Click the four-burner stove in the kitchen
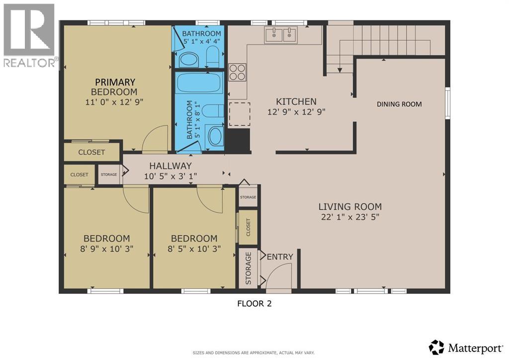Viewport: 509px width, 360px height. click(x=237, y=72)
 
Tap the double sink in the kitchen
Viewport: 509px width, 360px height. click(x=280, y=35)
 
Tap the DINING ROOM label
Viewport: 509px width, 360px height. click(x=399, y=104)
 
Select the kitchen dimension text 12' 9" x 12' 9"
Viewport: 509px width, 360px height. click(x=296, y=112)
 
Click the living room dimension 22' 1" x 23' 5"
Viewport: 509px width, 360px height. click(x=350, y=217)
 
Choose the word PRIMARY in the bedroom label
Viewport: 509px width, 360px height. click(x=115, y=82)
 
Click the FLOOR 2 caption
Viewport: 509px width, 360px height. click(x=254, y=303)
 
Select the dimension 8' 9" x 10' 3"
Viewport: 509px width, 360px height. click(x=106, y=248)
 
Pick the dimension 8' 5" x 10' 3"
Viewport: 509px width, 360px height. click(x=194, y=248)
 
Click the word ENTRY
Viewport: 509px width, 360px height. click(x=280, y=257)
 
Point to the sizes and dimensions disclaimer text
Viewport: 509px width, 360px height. click(x=254, y=353)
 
